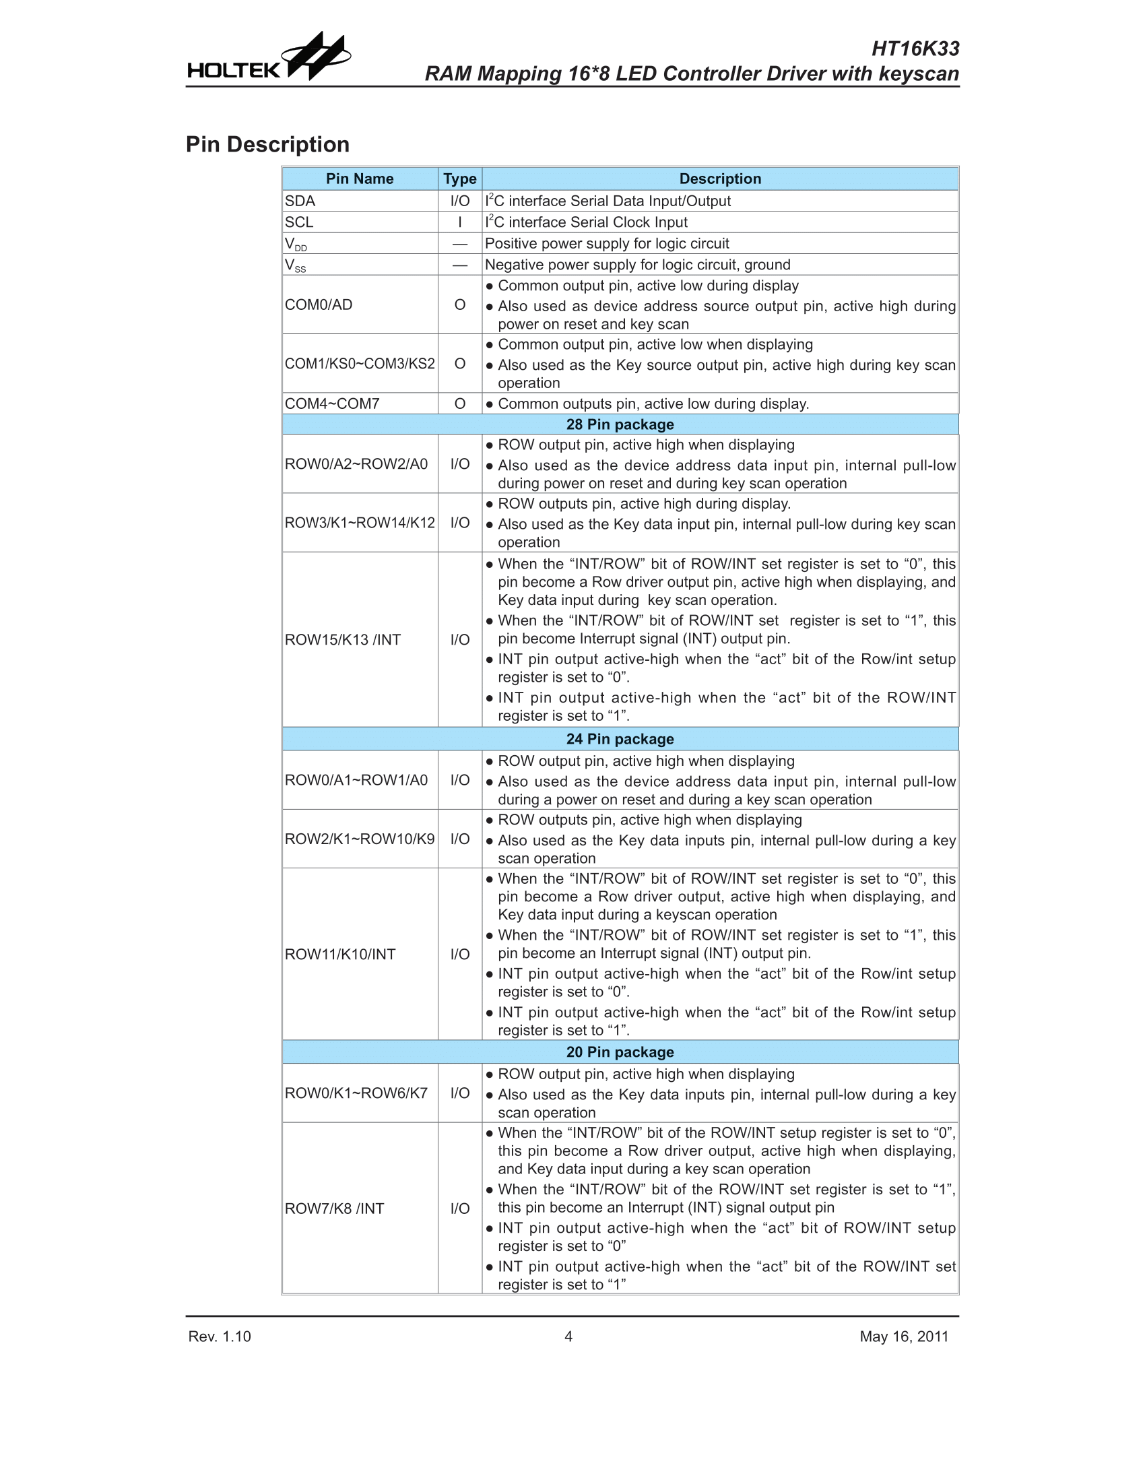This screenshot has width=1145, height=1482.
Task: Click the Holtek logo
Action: coord(269,59)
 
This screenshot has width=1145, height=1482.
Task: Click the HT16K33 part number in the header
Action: coord(915,49)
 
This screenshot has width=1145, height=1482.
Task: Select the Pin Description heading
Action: coord(268,145)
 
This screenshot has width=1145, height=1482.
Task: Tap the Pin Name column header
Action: coord(360,179)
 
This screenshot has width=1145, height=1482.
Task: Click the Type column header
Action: coord(460,179)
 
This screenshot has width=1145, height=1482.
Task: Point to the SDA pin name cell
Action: coord(300,201)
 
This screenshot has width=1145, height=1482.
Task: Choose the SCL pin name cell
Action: coord(299,222)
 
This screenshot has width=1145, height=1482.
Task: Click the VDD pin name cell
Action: coord(296,244)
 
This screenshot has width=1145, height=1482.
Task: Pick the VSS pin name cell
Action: coord(296,265)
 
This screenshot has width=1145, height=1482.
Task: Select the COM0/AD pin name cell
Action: coord(319,304)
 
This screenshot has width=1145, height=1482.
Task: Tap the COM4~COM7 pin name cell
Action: coord(332,404)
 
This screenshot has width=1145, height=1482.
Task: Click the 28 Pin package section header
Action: coord(620,424)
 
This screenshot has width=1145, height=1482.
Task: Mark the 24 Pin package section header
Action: coord(620,739)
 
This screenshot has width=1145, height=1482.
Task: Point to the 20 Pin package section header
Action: coord(620,1052)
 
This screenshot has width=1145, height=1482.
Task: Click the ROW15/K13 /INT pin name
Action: coord(343,639)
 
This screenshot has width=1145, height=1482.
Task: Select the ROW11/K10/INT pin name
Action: coord(340,954)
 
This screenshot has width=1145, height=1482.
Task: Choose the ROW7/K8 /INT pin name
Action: coord(335,1209)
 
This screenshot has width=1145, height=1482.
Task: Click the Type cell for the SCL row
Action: coord(460,222)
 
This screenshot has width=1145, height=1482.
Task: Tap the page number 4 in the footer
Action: coord(568,1336)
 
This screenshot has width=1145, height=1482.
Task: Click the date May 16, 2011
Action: coord(904,1336)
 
